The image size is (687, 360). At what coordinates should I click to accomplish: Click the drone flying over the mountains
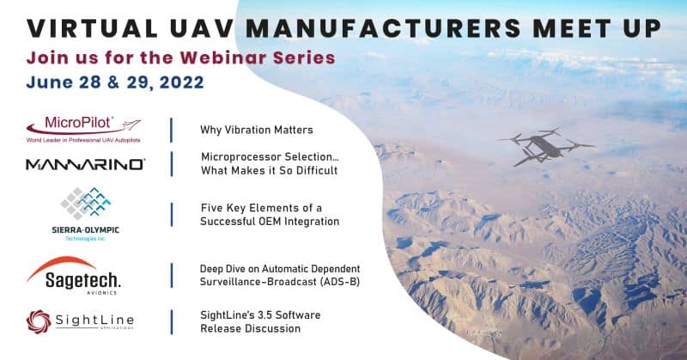(545, 146)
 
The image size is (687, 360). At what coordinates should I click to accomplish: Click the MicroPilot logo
(83, 129)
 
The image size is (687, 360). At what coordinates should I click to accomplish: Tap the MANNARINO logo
(85, 164)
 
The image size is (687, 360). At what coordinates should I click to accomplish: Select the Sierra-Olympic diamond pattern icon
(86, 203)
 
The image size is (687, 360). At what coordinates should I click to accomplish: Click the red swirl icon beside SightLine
(39, 322)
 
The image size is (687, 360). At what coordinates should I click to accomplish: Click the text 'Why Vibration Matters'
(256, 130)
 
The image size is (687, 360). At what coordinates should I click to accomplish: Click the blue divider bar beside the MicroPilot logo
(171, 130)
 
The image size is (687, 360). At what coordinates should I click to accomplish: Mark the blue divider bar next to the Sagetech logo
(171, 276)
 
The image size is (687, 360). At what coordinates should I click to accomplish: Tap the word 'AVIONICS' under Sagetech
(101, 292)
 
